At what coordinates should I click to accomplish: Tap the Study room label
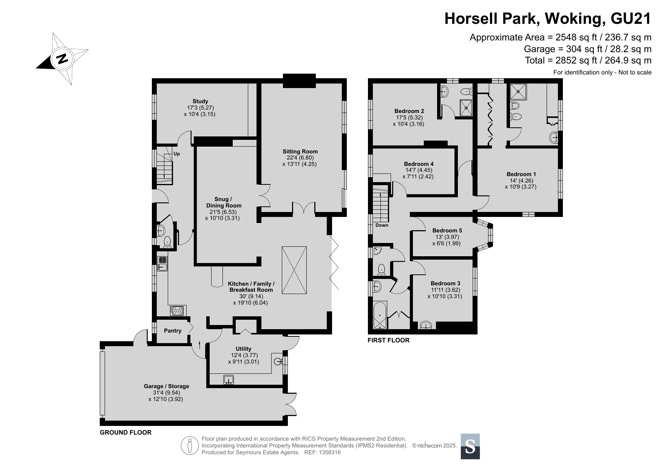(x=200, y=101)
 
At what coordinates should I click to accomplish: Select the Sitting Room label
(x=300, y=152)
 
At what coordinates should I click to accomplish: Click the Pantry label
(x=173, y=331)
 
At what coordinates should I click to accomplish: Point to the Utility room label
(x=243, y=349)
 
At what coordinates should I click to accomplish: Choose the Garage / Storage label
(x=166, y=386)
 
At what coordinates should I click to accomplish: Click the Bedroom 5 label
(x=447, y=231)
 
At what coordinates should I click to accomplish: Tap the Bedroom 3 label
(x=445, y=283)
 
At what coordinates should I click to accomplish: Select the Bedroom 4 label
(x=419, y=164)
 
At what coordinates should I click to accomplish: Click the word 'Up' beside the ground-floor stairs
(x=176, y=154)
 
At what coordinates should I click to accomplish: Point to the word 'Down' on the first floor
(x=382, y=225)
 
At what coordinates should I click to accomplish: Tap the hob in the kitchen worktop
(x=177, y=310)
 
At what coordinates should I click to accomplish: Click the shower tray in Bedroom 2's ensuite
(x=466, y=107)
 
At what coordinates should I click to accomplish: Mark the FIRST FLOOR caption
(x=388, y=340)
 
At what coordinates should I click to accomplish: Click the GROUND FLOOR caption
(x=125, y=432)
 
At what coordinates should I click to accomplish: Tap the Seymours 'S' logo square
(x=470, y=446)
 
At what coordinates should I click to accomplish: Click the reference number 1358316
(x=330, y=452)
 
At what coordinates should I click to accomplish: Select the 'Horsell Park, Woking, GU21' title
(x=548, y=19)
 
